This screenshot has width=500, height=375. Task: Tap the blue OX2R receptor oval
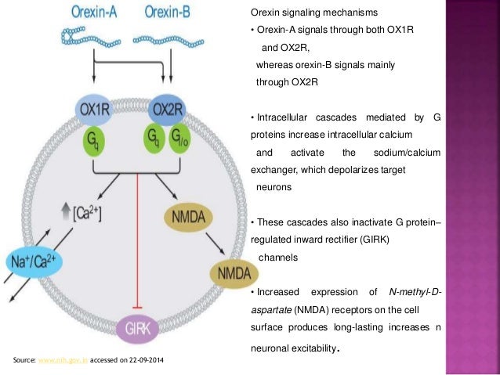click(x=168, y=108)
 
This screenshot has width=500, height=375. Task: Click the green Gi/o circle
click(x=179, y=141)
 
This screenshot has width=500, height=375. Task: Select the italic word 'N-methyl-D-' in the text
click(x=415, y=293)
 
